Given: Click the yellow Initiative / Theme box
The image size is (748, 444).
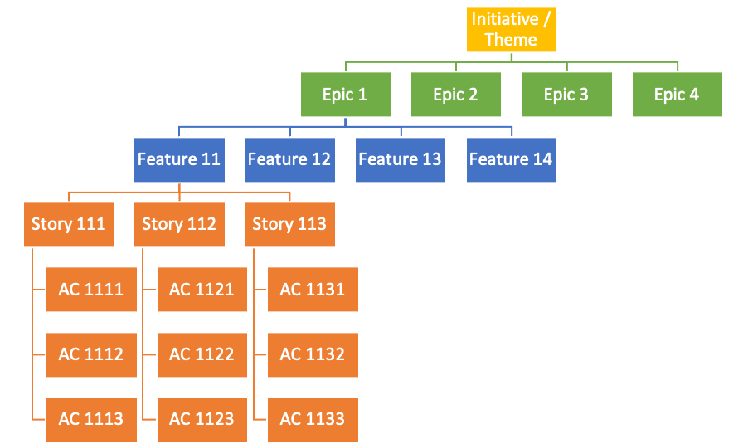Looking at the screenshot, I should point(511,30).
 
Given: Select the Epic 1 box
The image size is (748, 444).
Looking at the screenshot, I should point(345,95).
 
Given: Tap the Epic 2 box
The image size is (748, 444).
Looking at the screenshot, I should point(455,95).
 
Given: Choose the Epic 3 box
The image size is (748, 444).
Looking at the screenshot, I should point(566,95).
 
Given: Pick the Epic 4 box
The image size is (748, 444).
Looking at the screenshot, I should point(677,95).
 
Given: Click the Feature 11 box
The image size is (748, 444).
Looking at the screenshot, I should point(179,159).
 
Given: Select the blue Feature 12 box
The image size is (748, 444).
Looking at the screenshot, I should point(289,159).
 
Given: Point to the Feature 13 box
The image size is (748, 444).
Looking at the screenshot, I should point(401,159).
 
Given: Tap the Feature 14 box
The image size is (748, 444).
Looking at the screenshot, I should point(511,159).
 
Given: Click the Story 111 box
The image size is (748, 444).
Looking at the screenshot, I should point(69,224).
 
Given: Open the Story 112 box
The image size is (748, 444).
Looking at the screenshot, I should point(179,224).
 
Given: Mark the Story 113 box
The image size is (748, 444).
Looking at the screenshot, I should point(289,224).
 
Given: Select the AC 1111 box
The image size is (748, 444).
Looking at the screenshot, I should point(91,290).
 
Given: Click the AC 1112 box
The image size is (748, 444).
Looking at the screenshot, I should point(91,354).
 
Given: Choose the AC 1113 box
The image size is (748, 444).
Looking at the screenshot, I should point(91,419).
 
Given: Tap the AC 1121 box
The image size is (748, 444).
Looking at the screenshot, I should point(202,290).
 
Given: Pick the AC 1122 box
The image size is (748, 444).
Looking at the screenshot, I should point(202,354).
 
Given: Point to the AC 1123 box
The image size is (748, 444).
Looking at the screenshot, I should point(202,419).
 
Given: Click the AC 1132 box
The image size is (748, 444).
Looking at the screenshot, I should point(313,354).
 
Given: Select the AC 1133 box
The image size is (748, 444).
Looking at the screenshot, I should point(313,419).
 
